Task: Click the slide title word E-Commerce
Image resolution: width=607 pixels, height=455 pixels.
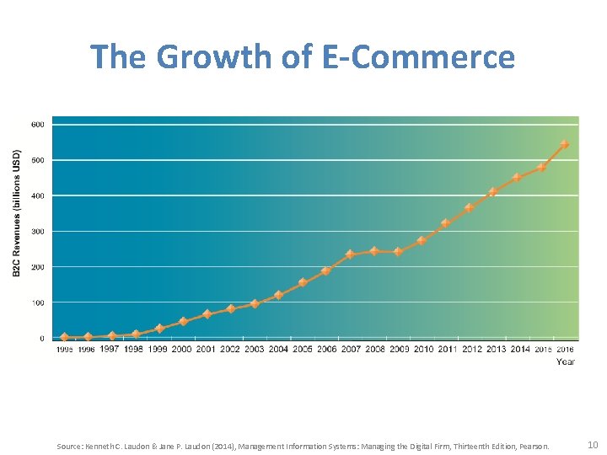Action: pyautogui.click(x=418, y=57)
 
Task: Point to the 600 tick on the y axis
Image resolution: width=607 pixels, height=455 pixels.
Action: pyautogui.click(x=38, y=125)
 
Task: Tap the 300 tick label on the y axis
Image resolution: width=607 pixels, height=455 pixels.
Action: pyautogui.click(x=38, y=232)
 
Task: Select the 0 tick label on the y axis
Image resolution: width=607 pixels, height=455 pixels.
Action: pyautogui.click(x=41, y=339)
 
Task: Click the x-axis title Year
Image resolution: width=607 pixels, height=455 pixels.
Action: pyautogui.click(x=566, y=361)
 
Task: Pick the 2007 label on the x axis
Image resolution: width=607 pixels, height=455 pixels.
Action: pyautogui.click(x=350, y=349)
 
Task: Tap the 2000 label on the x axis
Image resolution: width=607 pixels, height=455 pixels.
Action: pyautogui.click(x=182, y=349)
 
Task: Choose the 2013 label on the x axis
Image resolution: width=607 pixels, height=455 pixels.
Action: pyautogui.click(x=496, y=349)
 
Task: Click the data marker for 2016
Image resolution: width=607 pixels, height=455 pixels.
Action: pyautogui.click(x=565, y=144)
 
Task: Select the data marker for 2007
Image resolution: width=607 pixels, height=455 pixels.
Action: pyautogui.click(x=350, y=254)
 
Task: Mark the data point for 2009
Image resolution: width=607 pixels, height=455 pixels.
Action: pyautogui.click(x=398, y=251)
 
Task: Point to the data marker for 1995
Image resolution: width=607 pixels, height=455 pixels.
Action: pyautogui.click(x=64, y=337)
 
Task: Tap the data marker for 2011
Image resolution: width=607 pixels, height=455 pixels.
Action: pyautogui.click(x=446, y=223)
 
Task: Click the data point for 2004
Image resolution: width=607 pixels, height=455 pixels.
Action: pyautogui.click(x=278, y=295)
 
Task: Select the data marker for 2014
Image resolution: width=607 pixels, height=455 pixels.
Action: pyautogui.click(x=517, y=178)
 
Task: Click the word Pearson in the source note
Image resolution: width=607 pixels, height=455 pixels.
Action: pyautogui.click(x=534, y=446)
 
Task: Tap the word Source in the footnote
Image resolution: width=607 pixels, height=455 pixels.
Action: pyautogui.click(x=69, y=446)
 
